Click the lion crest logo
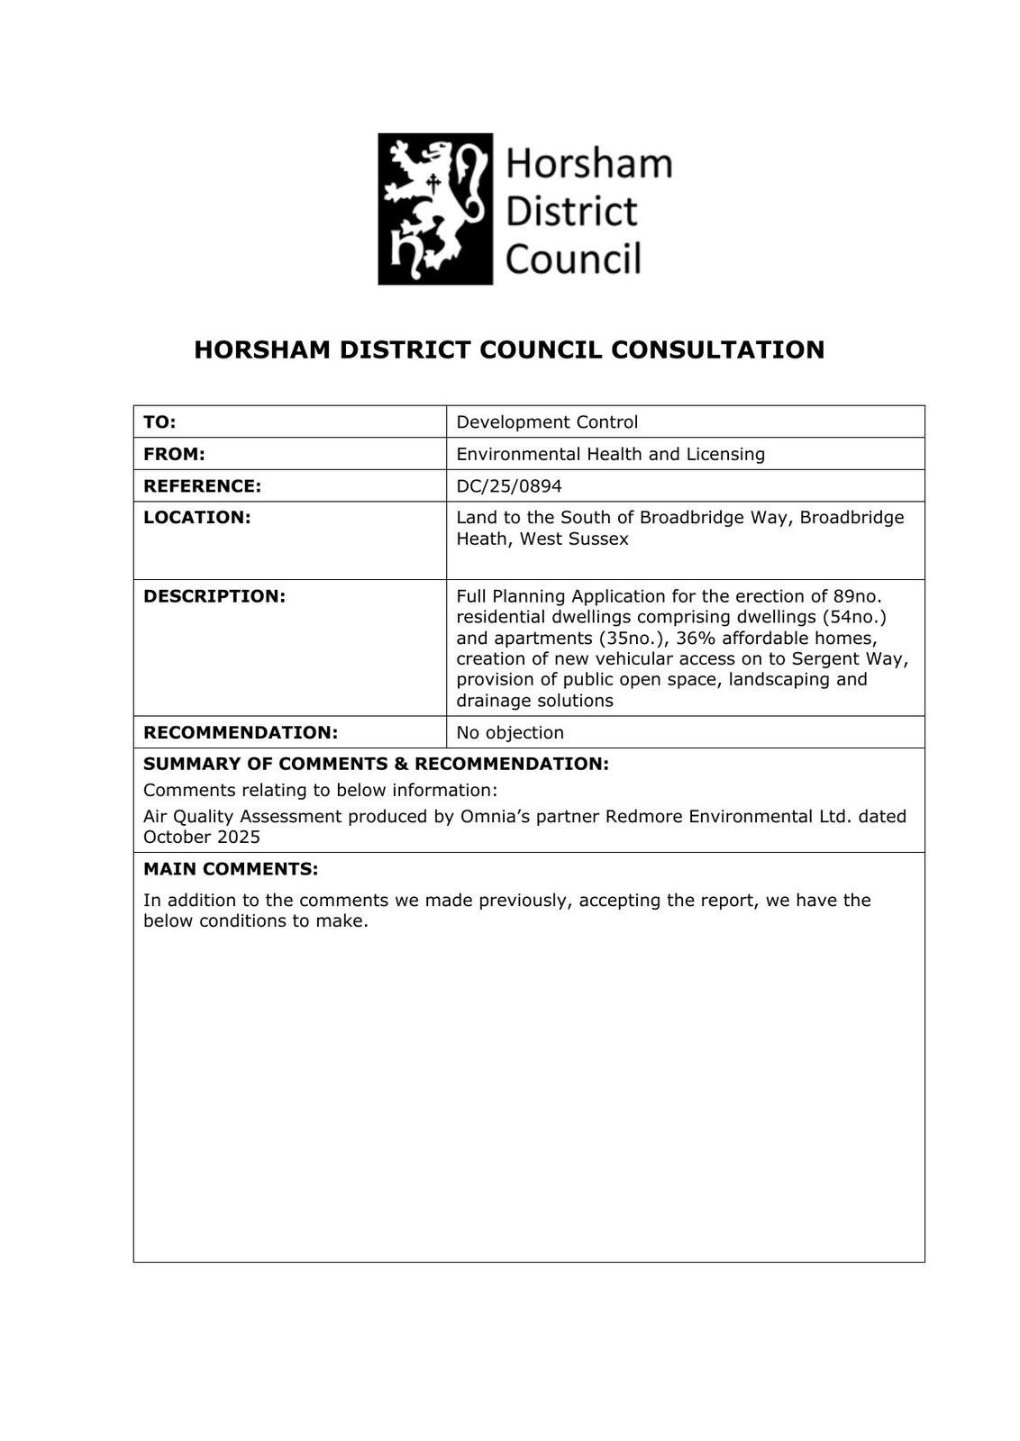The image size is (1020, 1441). coord(435,209)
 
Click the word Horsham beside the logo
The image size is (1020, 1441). coord(588,164)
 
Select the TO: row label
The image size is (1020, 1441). coord(159,421)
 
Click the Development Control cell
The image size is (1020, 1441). coord(547,421)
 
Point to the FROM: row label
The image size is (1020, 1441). coord(174,454)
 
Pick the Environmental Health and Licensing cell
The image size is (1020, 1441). coord(610,454)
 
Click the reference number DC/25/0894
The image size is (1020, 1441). coord(509,486)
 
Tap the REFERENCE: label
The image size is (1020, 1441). coord(202,486)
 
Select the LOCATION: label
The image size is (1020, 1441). coord(196,517)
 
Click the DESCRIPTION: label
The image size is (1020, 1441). coord(214,596)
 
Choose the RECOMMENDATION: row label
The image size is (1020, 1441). coord(241,732)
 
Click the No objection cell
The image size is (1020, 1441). coord(510,732)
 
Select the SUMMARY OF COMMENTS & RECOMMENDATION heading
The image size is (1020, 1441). coord(376,764)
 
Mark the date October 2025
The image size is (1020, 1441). coord(202,837)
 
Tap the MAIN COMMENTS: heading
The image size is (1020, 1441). coord(231,869)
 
